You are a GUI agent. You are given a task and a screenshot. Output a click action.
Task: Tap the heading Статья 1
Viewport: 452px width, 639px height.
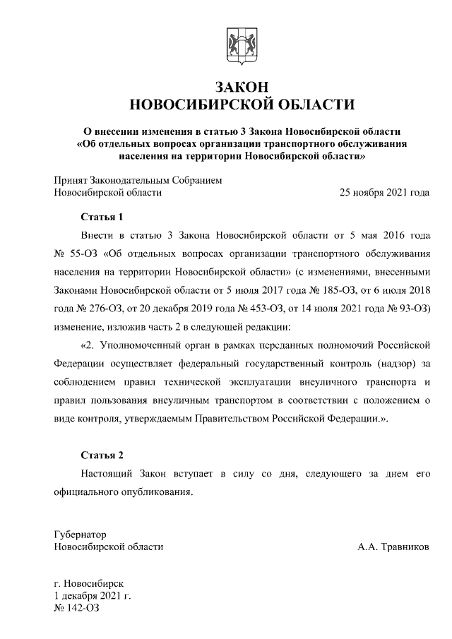pos(102,217)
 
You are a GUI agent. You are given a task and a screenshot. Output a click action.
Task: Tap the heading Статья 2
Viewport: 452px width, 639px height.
pos(102,454)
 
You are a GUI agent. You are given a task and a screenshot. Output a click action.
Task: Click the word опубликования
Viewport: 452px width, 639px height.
pos(155,491)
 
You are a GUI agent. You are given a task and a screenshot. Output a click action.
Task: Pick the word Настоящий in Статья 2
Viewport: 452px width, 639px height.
pos(106,473)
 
